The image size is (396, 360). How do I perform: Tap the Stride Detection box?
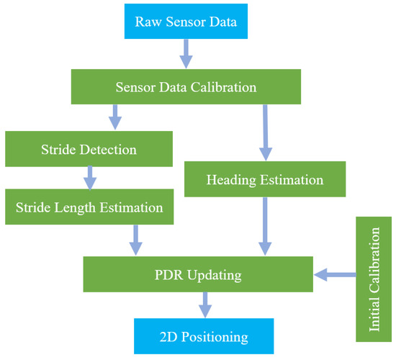(89, 149)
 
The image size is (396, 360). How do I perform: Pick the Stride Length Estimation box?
(89, 207)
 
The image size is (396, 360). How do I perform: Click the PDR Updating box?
(199, 274)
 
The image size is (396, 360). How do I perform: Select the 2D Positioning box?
(204, 336)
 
